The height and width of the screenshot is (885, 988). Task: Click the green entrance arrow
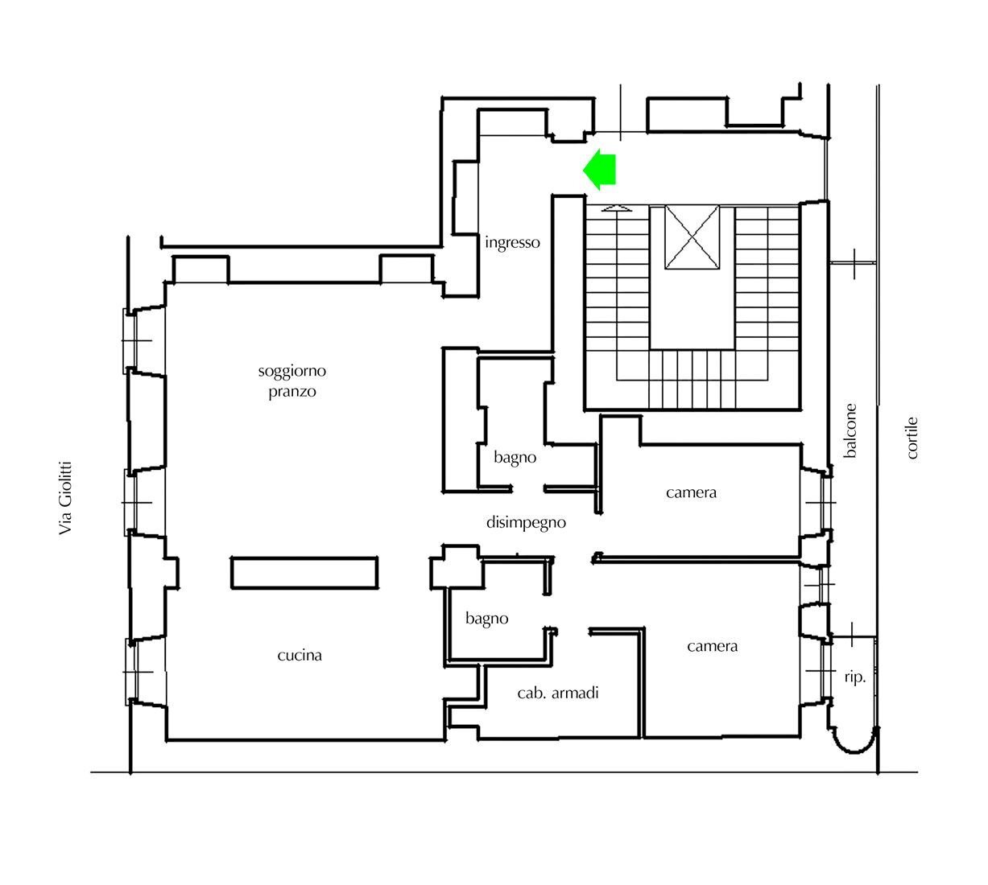pos(600,170)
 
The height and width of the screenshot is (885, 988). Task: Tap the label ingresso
pos(512,242)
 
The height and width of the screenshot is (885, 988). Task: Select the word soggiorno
pos(292,372)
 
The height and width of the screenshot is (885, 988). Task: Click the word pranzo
pos(292,392)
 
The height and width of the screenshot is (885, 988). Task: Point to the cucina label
pos(300,656)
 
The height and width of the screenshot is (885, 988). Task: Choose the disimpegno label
pos(526,523)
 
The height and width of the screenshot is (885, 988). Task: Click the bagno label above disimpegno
pos(515,458)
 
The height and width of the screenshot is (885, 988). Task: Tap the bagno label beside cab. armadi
pos(487,619)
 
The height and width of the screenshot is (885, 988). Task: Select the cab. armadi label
pos(558,693)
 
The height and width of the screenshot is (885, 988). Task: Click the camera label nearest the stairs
pos(691,492)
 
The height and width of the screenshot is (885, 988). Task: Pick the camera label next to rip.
pos(713,646)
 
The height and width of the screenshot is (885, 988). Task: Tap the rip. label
pos(855,677)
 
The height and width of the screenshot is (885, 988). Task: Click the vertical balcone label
pos(850,431)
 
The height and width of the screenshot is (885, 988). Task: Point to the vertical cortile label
pos(912,438)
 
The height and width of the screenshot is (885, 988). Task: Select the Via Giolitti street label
pos(66,497)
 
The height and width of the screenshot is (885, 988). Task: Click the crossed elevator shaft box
pos(692,237)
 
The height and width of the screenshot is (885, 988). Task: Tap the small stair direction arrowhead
pos(617,208)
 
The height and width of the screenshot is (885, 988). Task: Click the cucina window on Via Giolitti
pos(134,671)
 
